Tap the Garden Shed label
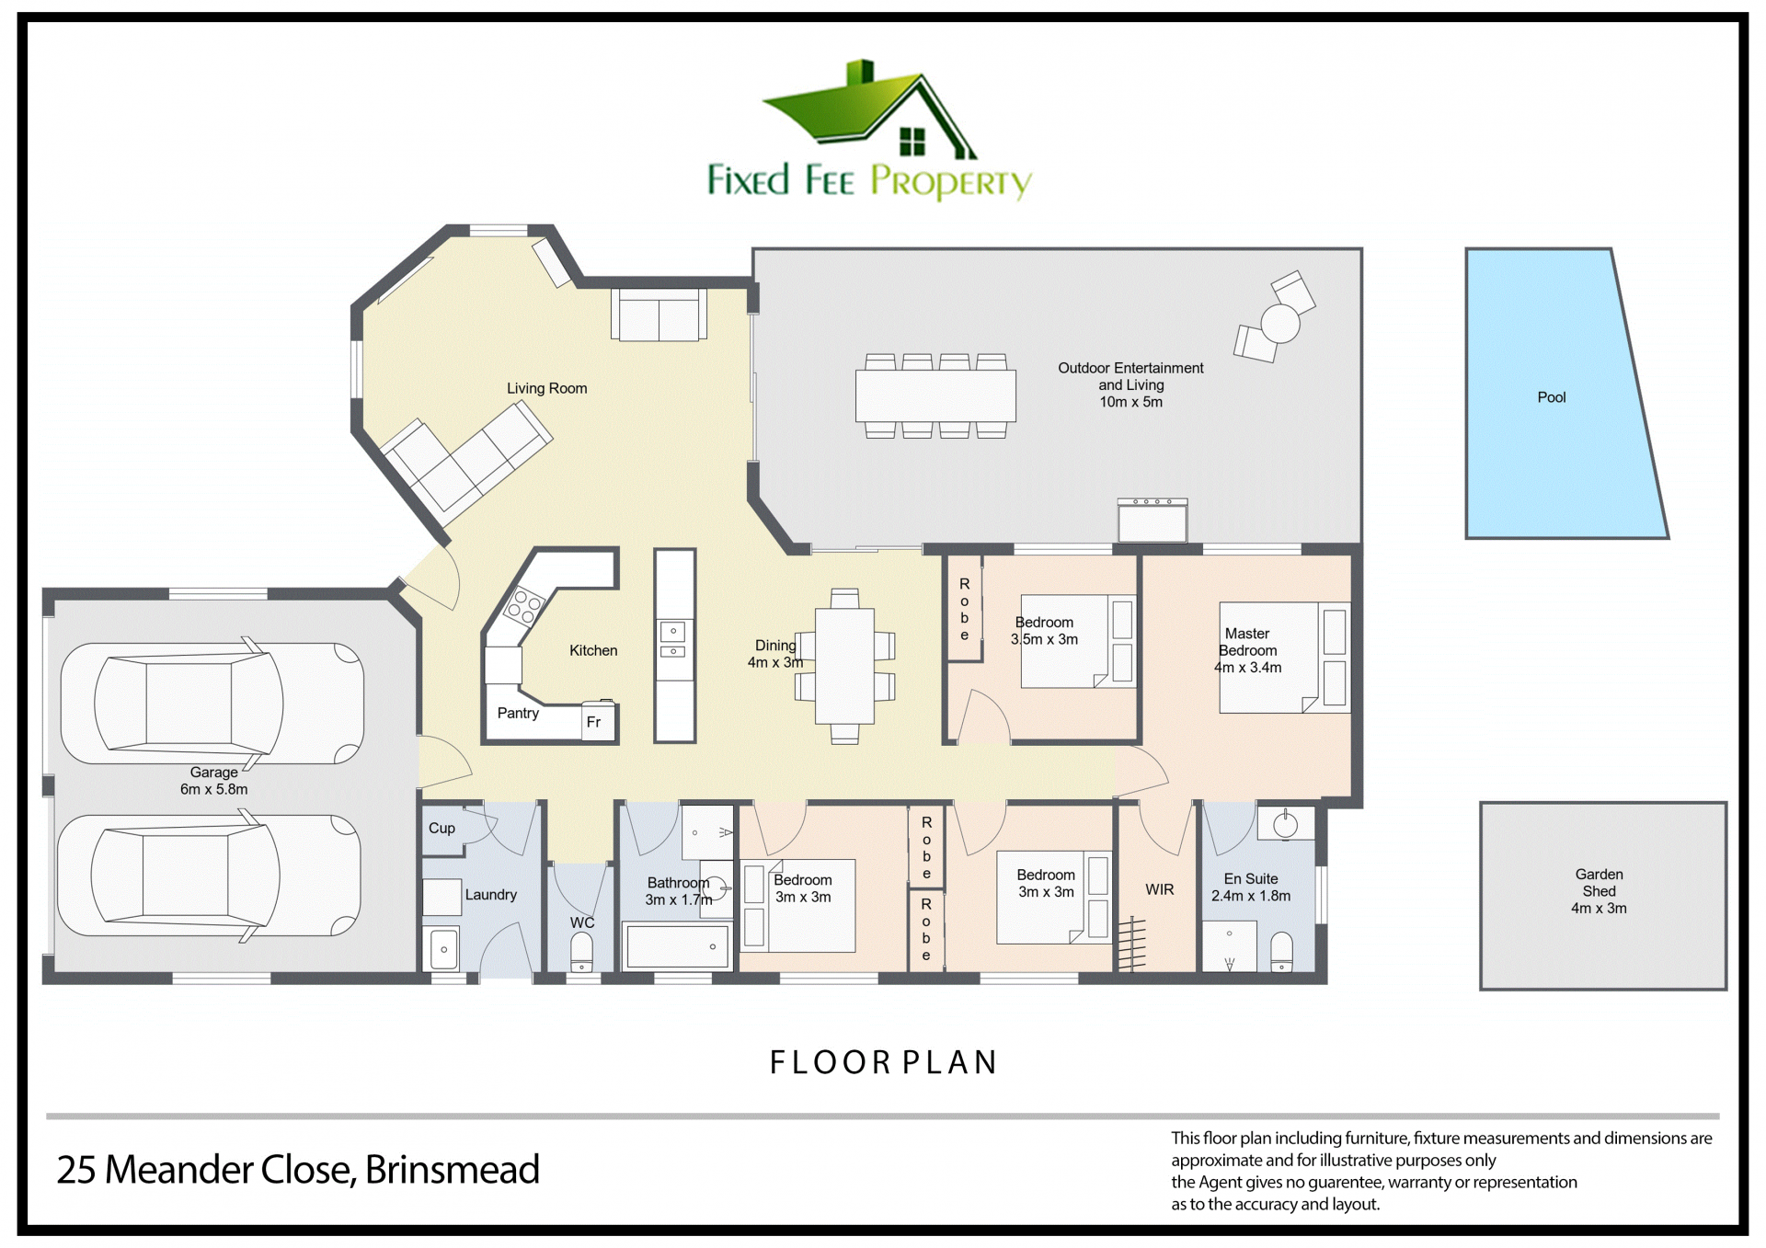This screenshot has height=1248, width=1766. [1599, 891]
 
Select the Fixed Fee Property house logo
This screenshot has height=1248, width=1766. [869, 130]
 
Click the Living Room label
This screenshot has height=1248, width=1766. [546, 388]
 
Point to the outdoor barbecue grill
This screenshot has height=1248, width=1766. [1152, 520]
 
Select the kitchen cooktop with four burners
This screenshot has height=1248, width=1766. [524, 606]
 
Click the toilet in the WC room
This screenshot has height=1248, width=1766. [581, 952]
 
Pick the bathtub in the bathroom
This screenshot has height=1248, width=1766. [676, 946]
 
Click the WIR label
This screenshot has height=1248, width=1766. [1159, 889]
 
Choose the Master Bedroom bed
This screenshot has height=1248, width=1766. [1284, 658]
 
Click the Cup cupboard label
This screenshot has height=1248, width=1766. [441, 828]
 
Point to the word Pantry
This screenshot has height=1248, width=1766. [518, 713]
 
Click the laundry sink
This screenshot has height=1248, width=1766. [443, 949]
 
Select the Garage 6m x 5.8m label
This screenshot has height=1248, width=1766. [213, 780]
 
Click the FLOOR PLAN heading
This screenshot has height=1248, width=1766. [883, 1062]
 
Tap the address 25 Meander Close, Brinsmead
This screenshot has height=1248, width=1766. [298, 1170]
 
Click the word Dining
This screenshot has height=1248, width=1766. [775, 646]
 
